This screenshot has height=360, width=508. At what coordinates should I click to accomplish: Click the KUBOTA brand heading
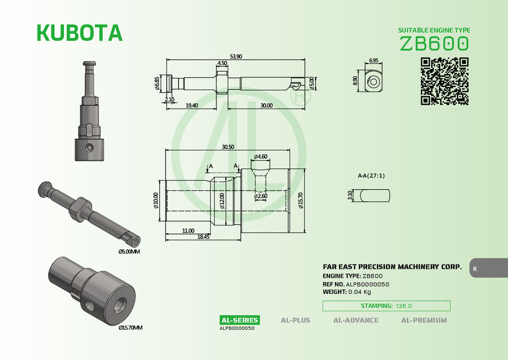tap(80, 33)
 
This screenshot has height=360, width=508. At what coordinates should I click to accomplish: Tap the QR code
tap(444, 82)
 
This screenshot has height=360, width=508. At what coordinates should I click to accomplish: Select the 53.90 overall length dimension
tap(236, 56)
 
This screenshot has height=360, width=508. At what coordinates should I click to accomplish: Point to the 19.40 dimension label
tap(192, 105)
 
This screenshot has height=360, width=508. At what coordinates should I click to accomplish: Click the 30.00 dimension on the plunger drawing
tap(266, 105)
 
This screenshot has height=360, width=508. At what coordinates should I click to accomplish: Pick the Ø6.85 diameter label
tap(157, 83)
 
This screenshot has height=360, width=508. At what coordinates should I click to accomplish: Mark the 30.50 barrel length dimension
tap(228, 147)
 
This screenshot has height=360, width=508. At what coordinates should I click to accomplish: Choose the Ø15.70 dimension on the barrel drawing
tap(301, 201)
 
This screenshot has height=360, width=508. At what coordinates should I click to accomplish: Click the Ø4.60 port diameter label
tap(261, 157)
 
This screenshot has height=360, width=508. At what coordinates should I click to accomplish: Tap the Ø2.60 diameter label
tap(261, 196)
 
